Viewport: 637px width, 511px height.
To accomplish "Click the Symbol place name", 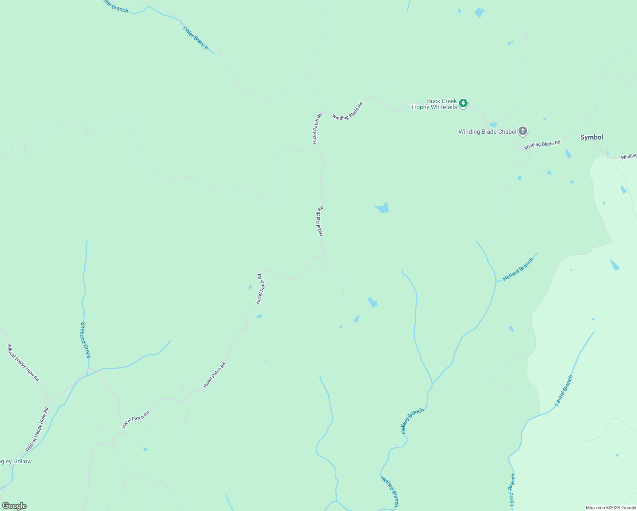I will [591, 137].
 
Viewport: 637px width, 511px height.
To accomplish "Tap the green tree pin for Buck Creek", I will [463, 103].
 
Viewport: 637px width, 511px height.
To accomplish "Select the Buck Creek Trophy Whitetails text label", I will [434, 104].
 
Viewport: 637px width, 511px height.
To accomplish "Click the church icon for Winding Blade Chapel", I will [523, 132].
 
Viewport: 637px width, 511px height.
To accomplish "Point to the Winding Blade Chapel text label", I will [487, 132].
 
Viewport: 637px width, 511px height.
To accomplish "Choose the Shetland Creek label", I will [86, 340].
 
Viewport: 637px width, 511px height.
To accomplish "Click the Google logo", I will [14, 506].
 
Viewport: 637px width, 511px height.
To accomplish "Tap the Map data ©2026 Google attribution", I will [610, 508].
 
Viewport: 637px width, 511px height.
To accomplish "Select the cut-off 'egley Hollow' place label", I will [16, 462].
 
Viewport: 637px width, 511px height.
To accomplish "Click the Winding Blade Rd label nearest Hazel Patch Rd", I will [347, 111].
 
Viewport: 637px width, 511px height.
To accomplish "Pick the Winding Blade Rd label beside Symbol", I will [542, 145].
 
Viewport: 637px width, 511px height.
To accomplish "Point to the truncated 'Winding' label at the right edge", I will [628, 157].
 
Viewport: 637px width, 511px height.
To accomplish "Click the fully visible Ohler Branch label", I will [195, 38].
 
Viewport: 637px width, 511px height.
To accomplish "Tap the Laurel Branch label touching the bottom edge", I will [512, 490].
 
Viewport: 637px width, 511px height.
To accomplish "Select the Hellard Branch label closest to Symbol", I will [518, 270].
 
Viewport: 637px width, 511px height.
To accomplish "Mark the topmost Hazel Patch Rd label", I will [318, 128].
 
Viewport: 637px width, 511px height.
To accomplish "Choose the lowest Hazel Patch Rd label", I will [135, 420].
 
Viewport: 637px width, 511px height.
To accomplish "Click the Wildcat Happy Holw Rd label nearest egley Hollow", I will [37, 430].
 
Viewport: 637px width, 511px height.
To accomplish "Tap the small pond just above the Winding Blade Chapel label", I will [493, 125].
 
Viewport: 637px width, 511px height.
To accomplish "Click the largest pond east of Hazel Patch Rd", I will [382, 208].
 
